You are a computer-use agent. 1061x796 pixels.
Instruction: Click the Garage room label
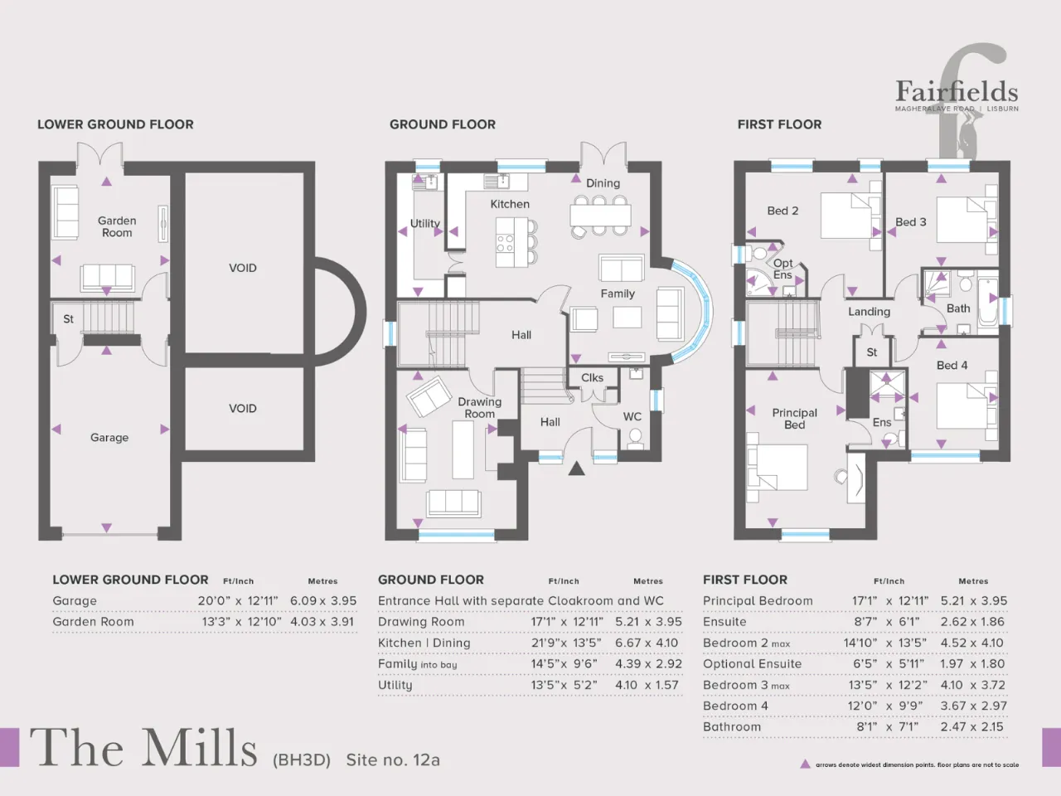coord(109,438)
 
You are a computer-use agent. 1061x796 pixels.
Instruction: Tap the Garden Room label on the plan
coord(117,226)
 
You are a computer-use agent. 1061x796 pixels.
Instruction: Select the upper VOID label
coord(243,268)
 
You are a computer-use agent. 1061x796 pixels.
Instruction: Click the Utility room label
coord(425,224)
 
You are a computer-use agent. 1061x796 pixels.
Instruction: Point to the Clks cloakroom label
coord(592,377)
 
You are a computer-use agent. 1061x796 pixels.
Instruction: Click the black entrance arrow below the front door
coord(576,468)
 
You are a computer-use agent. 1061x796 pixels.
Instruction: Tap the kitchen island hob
coord(505,243)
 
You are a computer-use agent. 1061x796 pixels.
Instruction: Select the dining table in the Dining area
coord(600,215)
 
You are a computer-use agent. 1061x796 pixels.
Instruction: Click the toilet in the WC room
coord(635,439)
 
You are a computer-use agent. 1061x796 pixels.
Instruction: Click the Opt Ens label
coord(782,269)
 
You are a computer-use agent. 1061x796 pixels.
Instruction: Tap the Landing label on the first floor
coord(869,312)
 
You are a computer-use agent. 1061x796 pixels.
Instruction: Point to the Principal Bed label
coord(795,419)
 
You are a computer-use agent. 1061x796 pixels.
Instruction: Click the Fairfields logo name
coord(957,91)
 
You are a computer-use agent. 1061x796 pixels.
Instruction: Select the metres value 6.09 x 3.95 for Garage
coord(323,601)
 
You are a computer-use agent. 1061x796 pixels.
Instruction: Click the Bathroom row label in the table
coord(732,727)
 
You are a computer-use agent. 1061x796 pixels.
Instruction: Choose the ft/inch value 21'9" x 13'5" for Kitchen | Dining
coord(566,643)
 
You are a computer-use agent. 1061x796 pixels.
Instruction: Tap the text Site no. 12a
coord(393,760)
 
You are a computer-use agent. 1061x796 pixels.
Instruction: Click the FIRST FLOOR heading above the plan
coord(779,124)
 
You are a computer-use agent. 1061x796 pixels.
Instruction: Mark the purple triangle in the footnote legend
coord(805,764)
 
